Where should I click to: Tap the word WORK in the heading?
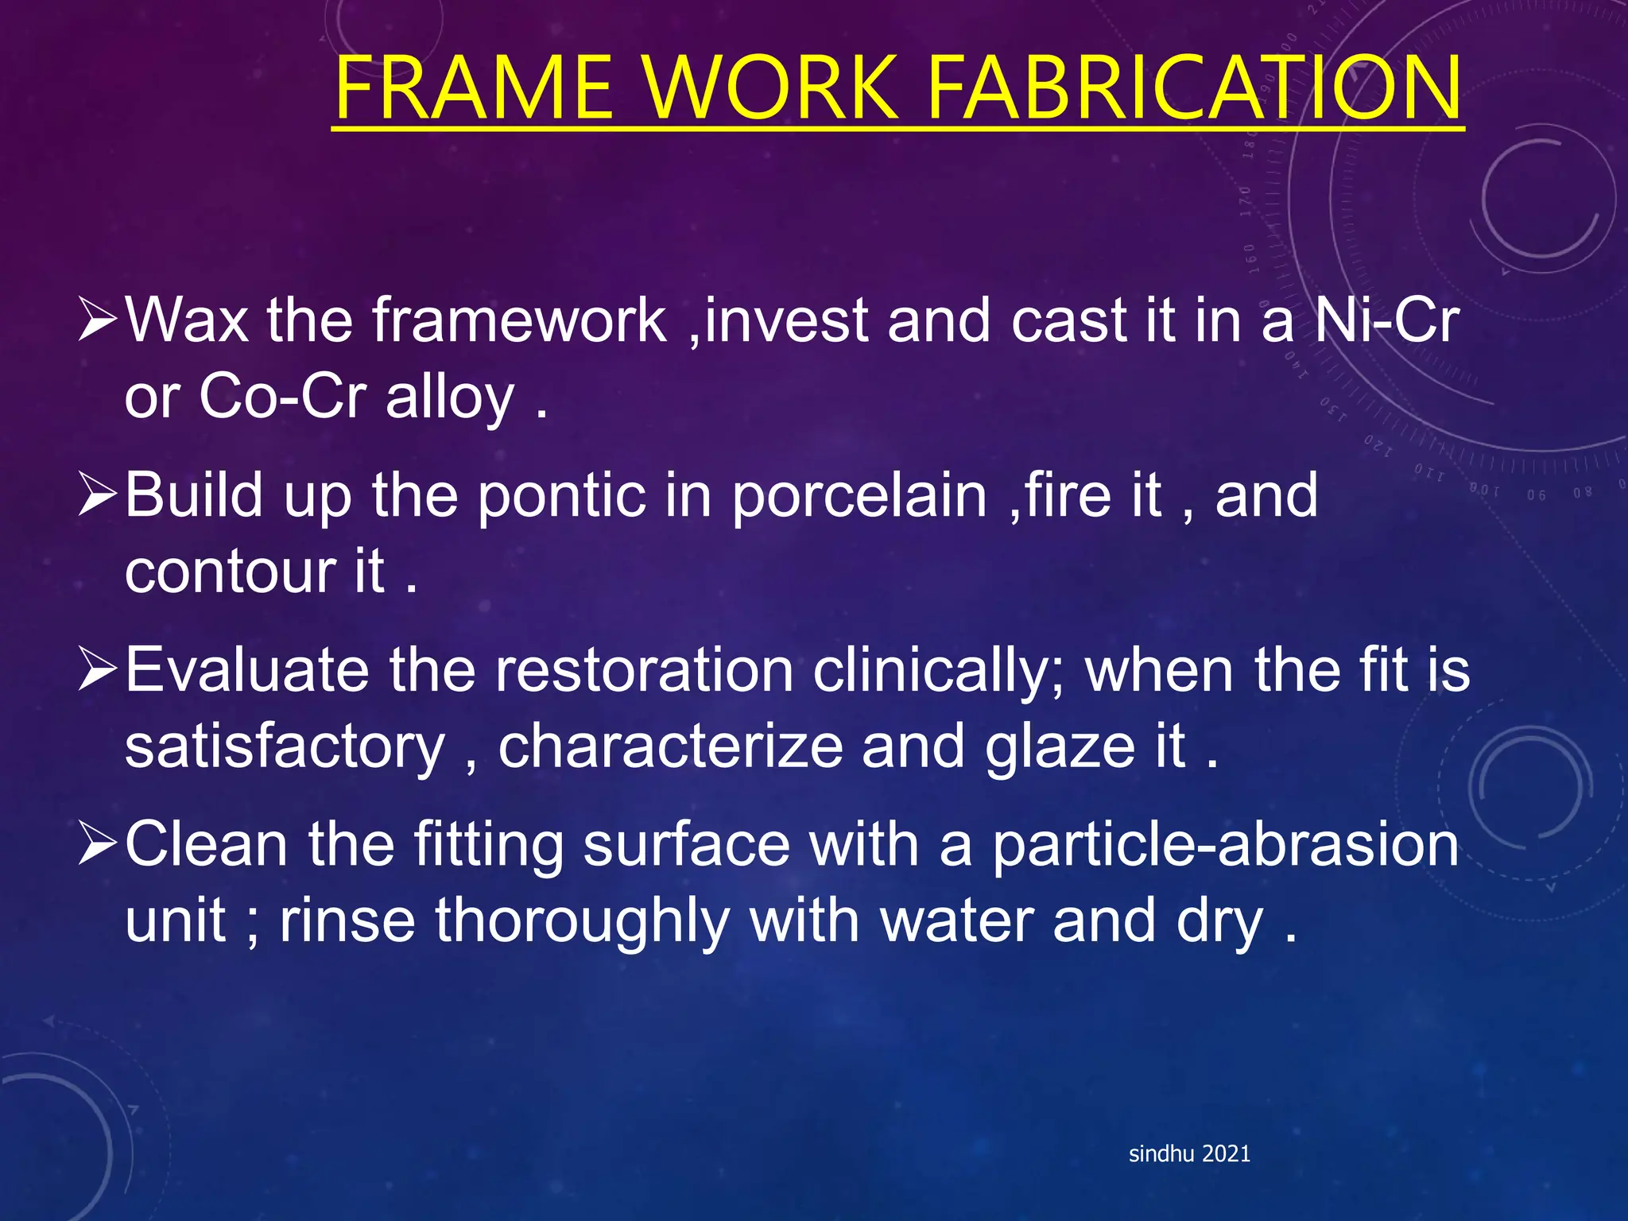click(771, 87)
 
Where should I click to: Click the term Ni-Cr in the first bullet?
click(1386, 320)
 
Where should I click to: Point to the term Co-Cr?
click(282, 397)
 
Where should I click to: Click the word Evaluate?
click(247, 670)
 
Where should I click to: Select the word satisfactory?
click(285, 747)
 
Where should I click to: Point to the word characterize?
click(670, 747)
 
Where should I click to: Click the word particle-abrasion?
click(1225, 845)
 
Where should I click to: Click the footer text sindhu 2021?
click(1189, 1153)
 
